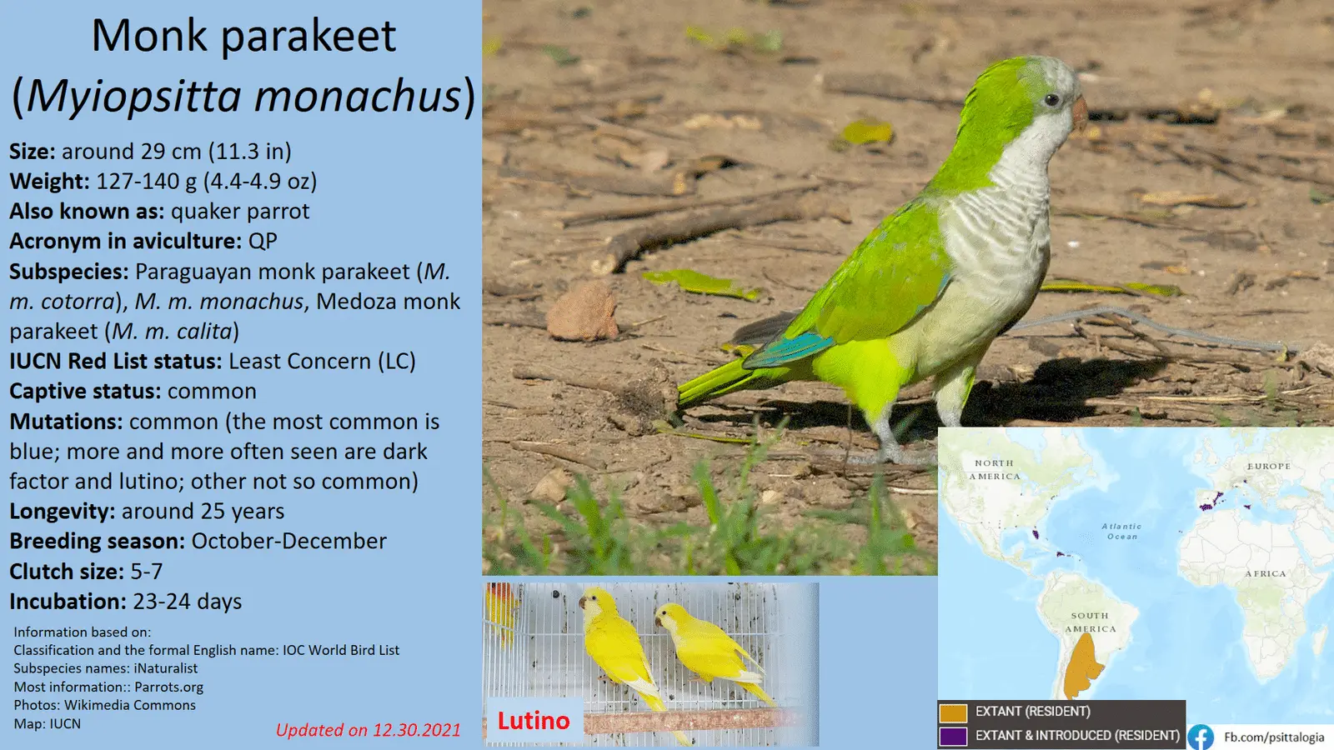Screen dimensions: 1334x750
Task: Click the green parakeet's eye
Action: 1051,100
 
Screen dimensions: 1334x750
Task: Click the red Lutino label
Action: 534,721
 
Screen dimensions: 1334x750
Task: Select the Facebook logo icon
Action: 1201,737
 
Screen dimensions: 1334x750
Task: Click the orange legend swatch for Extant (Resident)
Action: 953,712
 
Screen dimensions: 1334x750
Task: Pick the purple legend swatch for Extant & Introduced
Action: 953,737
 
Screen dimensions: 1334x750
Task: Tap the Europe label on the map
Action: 1269,466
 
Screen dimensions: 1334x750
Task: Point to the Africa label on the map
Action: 1266,574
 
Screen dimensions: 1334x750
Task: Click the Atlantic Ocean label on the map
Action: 1122,532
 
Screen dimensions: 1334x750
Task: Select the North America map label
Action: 995,470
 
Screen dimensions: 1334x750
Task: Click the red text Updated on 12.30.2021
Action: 368,730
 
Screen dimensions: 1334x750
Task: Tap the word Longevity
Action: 62,512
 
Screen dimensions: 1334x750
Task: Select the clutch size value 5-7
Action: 147,572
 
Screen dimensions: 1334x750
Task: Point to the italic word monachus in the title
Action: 358,96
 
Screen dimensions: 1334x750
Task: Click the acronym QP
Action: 263,241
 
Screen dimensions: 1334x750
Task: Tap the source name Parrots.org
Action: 168,687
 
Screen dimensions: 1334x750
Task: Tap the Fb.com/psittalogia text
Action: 1274,737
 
